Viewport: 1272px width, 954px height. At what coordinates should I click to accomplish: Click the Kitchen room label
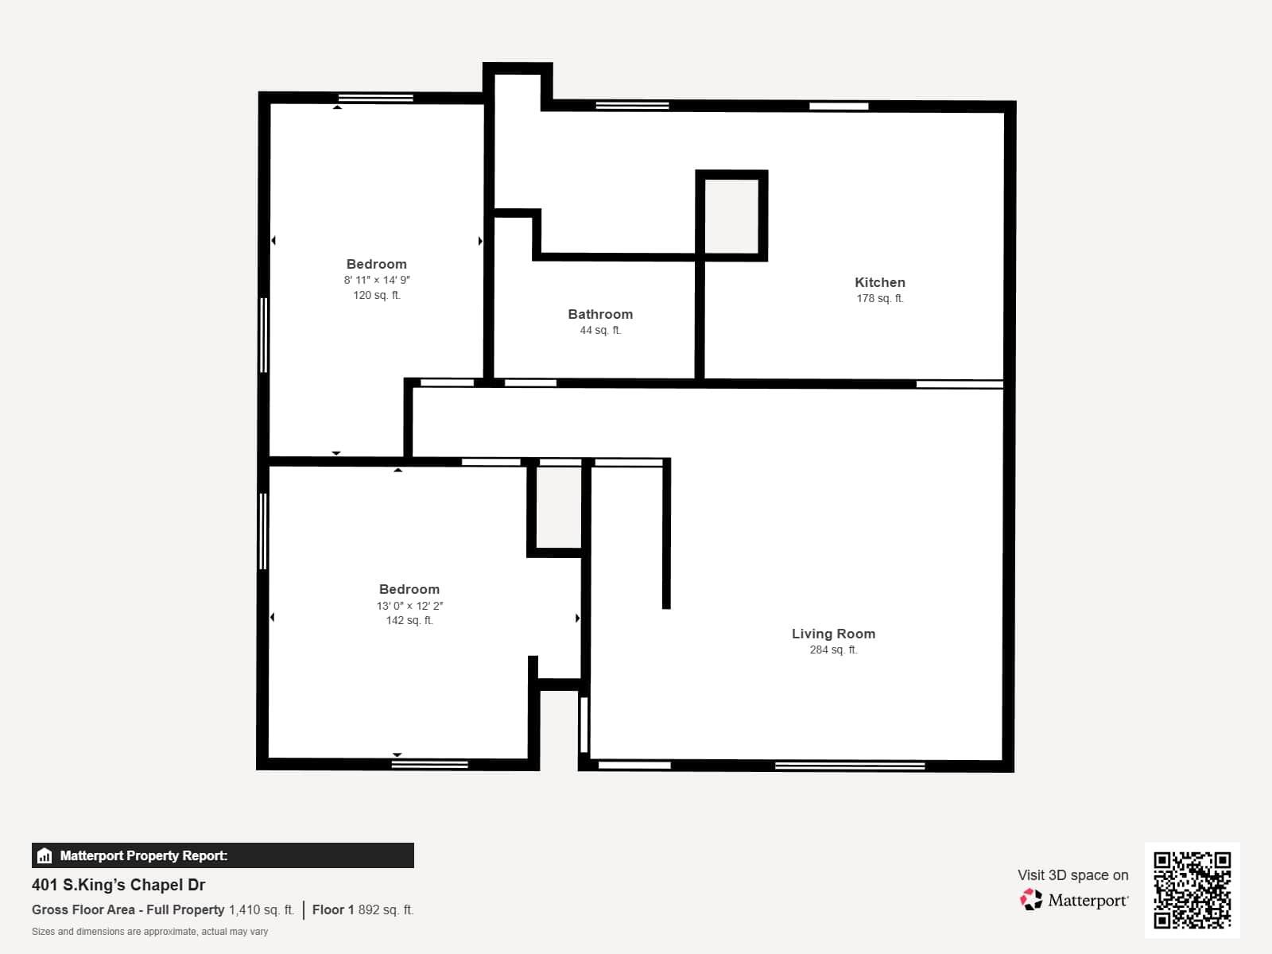tap(879, 282)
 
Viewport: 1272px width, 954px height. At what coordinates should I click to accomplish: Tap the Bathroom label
tap(600, 314)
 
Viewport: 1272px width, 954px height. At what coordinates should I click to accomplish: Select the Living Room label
tap(833, 634)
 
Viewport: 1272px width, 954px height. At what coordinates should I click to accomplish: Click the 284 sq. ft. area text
tap(833, 650)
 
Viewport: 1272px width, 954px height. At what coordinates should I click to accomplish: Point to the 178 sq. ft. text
tap(879, 298)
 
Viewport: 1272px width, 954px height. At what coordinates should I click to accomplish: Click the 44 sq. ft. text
tap(600, 330)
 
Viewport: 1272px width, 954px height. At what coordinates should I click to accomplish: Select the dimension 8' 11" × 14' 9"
tap(377, 280)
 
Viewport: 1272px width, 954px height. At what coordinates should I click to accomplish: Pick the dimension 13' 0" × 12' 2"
tap(409, 605)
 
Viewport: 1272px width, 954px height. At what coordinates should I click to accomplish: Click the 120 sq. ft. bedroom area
tap(377, 295)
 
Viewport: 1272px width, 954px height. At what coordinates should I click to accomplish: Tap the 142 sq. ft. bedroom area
tap(409, 620)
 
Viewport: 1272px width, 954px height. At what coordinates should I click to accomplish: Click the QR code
tap(1192, 890)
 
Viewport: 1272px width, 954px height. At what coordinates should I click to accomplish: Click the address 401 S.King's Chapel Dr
tap(118, 885)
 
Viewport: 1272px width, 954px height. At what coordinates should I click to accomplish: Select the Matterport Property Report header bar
tap(223, 855)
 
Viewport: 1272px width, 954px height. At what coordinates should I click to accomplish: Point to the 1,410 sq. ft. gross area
tap(261, 909)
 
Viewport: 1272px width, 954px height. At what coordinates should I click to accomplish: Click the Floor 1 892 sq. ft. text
tap(363, 909)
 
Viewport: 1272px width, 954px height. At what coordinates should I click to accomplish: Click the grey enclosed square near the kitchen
tap(731, 215)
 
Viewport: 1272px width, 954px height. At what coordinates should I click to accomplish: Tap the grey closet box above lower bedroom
tap(559, 507)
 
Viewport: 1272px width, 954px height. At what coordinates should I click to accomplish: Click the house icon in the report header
tap(45, 855)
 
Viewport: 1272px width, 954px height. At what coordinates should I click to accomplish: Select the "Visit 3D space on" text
tap(1072, 874)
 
